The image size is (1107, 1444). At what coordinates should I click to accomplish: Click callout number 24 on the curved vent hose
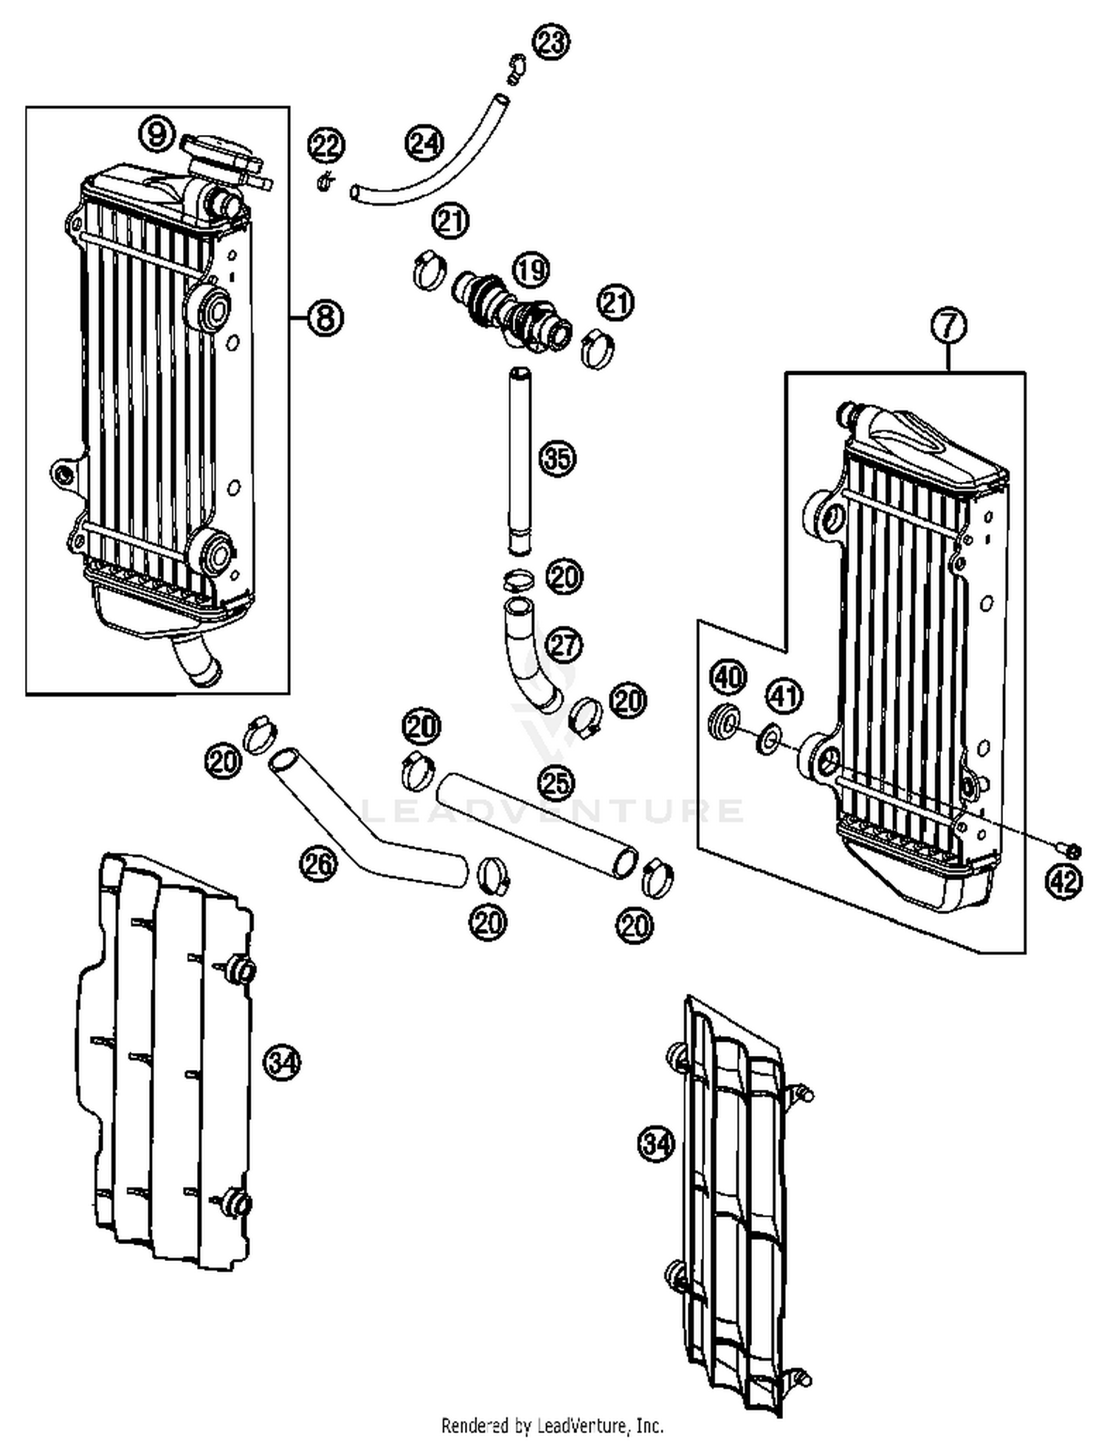(424, 142)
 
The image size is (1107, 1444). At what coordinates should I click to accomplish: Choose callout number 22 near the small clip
(326, 145)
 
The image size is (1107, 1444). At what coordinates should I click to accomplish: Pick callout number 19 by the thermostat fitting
(531, 270)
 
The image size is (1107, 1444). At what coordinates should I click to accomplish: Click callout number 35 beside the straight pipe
(557, 458)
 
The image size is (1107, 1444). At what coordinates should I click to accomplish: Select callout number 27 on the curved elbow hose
(564, 646)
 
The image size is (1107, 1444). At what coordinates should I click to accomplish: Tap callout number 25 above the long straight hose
(556, 781)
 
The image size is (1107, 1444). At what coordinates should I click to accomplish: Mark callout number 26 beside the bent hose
(318, 864)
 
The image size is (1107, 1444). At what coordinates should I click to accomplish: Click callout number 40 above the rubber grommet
(728, 677)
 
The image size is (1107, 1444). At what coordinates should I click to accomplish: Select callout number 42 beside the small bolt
(1063, 881)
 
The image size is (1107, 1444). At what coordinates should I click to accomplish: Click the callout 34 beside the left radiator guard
(282, 1063)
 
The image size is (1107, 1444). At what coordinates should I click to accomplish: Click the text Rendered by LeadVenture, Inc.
(552, 1425)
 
